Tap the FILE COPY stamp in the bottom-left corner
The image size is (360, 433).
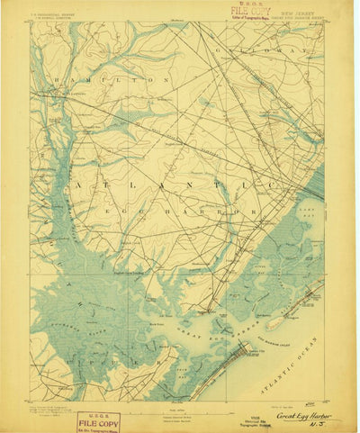(97, 419)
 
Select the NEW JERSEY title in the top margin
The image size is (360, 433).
(297, 13)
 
